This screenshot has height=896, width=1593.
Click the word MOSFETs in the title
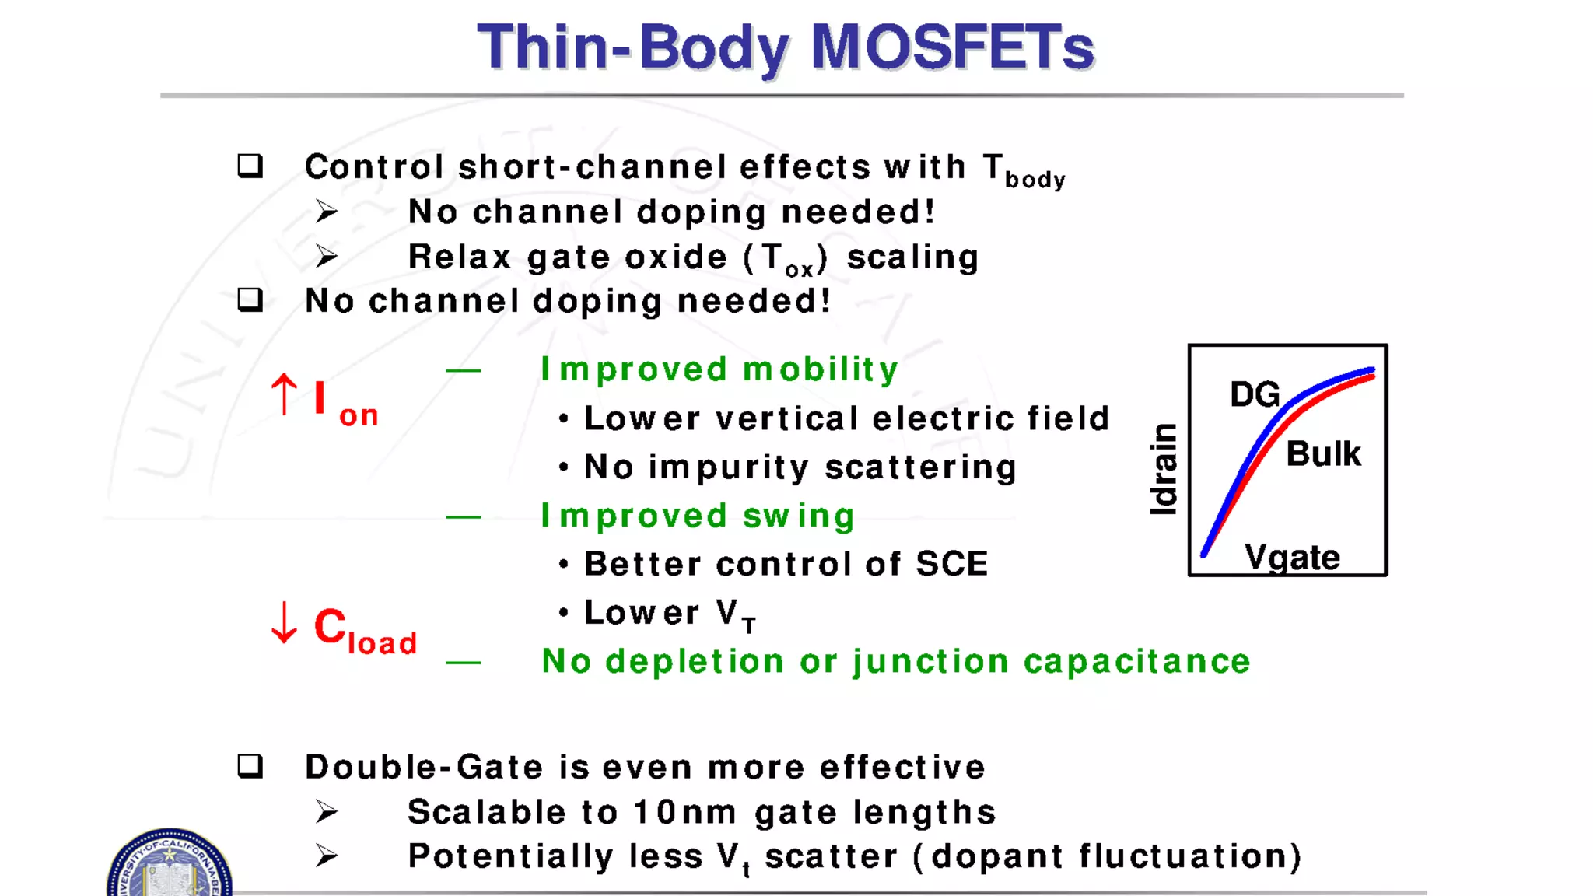coord(952,47)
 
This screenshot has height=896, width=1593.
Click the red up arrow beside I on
coord(284,394)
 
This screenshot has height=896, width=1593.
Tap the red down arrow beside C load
coord(284,622)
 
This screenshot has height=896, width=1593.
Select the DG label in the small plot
coord(1254,394)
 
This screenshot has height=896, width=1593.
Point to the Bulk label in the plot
coord(1323,453)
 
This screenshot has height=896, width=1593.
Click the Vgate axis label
coord(1292,557)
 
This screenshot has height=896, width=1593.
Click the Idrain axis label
coord(1164,469)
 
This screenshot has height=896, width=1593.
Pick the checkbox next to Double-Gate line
coord(250,766)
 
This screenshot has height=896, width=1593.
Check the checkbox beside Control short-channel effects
coord(250,166)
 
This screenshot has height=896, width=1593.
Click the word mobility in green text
coord(821,369)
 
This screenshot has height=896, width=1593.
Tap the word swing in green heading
coord(799,516)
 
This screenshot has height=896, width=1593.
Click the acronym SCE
coord(951,564)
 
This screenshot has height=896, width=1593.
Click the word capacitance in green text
coord(1136,661)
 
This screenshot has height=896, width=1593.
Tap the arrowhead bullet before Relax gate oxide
coord(327,256)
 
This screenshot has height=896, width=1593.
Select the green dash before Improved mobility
coord(463,371)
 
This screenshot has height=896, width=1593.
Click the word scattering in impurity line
coord(920,467)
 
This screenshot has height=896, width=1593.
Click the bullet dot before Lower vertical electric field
coord(564,419)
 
